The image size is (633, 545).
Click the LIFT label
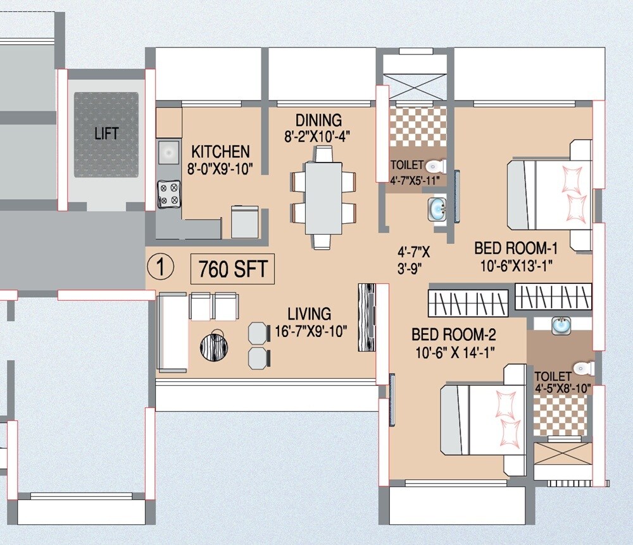pyautogui.click(x=106, y=133)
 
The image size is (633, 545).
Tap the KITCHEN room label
pyautogui.click(x=220, y=152)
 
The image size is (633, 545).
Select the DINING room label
pyautogui.click(x=318, y=120)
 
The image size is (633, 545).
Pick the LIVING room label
pyautogui.click(x=309, y=314)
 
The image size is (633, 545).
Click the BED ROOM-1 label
pyautogui.click(x=515, y=248)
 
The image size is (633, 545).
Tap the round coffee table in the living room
pyautogui.click(x=213, y=346)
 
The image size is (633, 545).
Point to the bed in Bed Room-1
pyautogui.click(x=549, y=195)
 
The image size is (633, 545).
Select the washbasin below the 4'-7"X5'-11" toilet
pyautogui.click(x=437, y=208)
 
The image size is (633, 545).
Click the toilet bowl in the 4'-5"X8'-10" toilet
pyautogui.click(x=581, y=368)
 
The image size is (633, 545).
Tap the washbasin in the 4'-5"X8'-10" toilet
pyautogui.click(x=560, y=326)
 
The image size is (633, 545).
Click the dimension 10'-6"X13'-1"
pyautogui.click(x=515, y=266)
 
